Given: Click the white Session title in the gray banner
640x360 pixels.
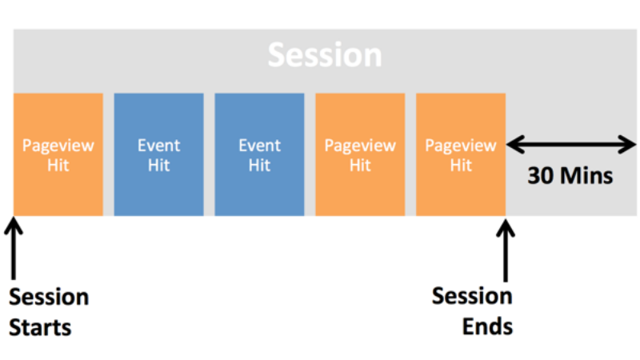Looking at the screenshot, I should pyautogui.click(x=324, y=55).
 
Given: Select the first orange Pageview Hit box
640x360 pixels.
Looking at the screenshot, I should pyautogui.click(x=58, y=154).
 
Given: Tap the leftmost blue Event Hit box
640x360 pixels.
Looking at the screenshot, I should pyautogui.click(x=158, y=154).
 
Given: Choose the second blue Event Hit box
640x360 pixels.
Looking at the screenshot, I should pyautogui.click(x=259, y=154).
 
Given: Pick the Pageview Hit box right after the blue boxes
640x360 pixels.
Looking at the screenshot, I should pyautogui.click(x=360, y=154).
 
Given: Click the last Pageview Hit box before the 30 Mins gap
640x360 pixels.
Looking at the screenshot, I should pyautogui.click(x=461, y=154).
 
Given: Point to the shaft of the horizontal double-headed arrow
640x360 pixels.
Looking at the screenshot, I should pyautogui.click(x=571, y=145).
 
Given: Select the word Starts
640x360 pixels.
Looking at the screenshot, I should pyautogui.click(x=40, y=327).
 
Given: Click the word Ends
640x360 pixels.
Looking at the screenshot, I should pyautogui.click(x=486, y=326).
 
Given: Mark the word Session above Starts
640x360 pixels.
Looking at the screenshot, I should pyautogui.click(x=49, y=298).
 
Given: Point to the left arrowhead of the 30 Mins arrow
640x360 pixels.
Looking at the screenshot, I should pyautogui.click(x=514, y=145).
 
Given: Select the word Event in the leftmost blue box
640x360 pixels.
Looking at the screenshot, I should pyautogui.click(x=158, y=146).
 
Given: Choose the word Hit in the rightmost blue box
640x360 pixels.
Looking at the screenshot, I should pyautogui.click(x=259, y=166).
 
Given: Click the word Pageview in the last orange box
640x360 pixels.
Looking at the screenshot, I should pyautogui.click(x=461, y=146).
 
